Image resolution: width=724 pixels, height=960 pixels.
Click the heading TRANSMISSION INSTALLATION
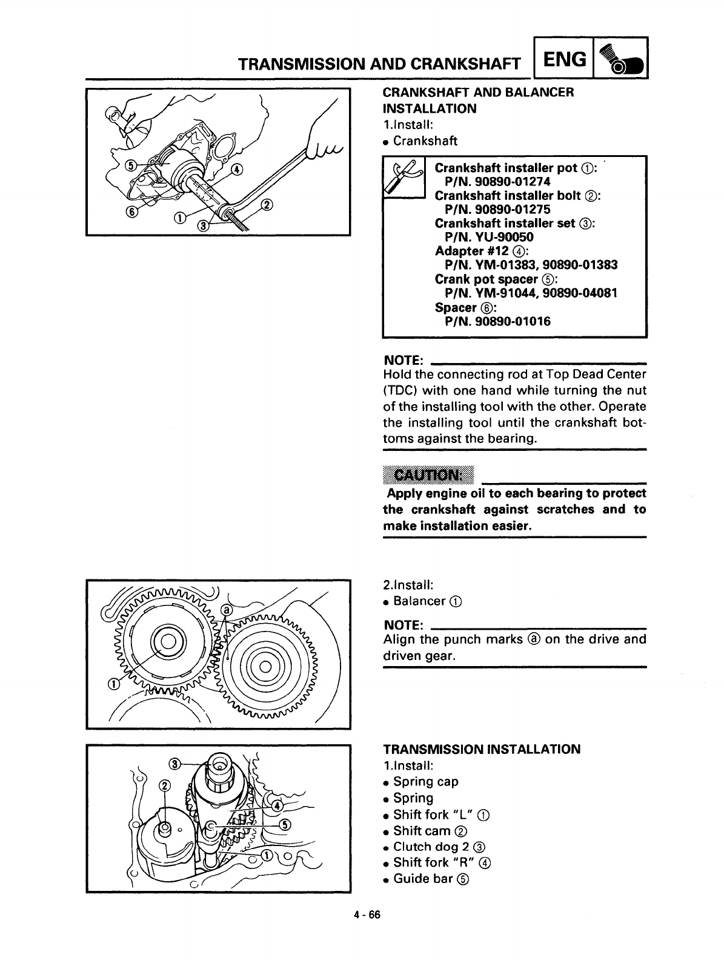(482, 749)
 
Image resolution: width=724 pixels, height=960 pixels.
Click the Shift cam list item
(422, 831)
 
